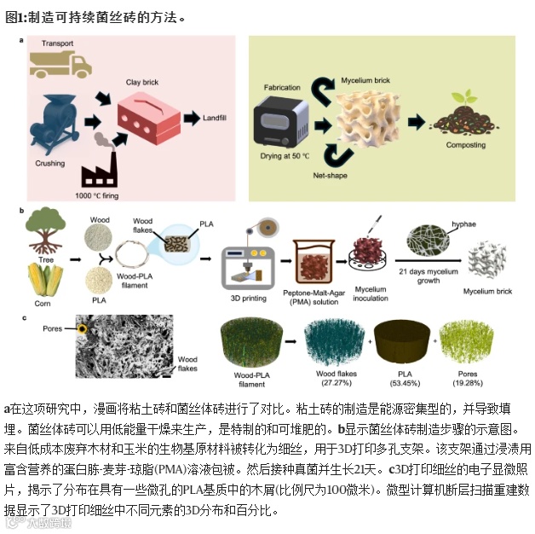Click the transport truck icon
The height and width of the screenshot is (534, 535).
(59, 61)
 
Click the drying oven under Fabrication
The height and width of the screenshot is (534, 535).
(280, 124)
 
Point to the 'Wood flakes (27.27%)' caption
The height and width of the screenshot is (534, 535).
(337, 377)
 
